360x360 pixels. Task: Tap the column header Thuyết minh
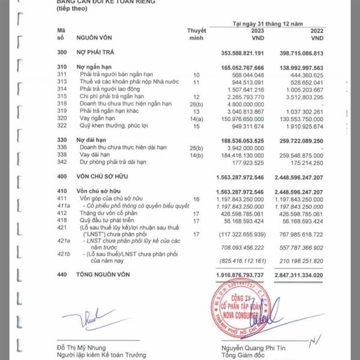[196, 32]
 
